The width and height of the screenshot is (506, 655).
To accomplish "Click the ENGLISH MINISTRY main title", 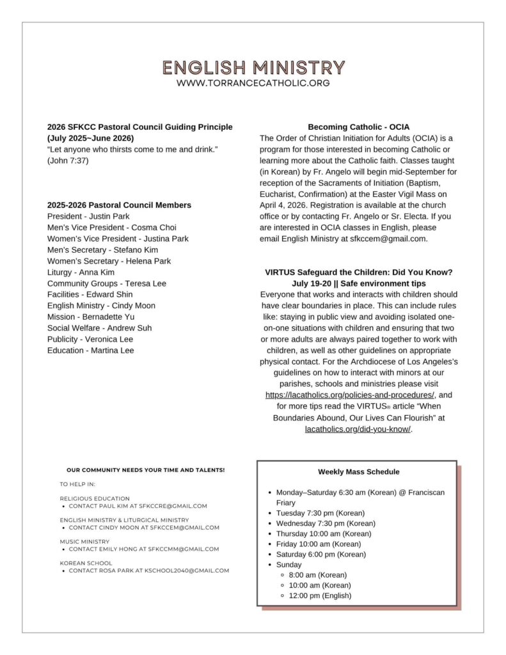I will click(253, 68).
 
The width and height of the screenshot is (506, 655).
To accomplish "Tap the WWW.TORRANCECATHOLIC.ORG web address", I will click(253, 83).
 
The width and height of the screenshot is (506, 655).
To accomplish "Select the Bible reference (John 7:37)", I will click(68, 161).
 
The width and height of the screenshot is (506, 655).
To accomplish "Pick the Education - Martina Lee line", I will click(90, 351).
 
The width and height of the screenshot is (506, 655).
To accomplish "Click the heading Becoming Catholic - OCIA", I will click(358, 127).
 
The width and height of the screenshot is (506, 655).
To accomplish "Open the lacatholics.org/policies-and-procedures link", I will click(350, 395).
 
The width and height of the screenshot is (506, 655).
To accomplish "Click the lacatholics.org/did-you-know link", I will click(358, 429).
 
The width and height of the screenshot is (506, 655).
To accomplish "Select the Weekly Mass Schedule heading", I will click(358, 472).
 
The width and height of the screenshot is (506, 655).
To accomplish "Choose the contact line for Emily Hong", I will click(144, 549).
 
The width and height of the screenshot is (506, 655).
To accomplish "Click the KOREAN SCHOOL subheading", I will click(86, 563).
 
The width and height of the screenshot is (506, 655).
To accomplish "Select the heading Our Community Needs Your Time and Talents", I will click(145, 470).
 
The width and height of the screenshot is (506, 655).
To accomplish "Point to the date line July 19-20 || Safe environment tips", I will click(358, 283).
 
